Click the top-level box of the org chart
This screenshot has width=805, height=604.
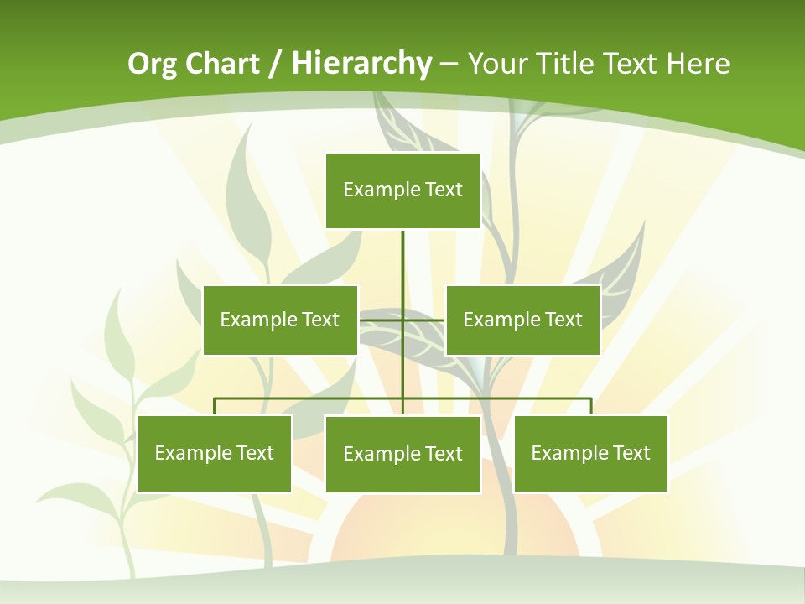click(x=402, y=190)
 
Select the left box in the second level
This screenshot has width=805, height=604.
click(x=280, y=320)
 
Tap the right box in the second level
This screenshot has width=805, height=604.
click(x=522, y=320)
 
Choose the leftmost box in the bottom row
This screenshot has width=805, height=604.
click(x=215, y=453)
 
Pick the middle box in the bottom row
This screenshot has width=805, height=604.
click(x=402, y=454)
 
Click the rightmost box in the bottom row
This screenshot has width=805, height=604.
click(x=590, y=453)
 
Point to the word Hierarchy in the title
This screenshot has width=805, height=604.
click(x=361, y=64)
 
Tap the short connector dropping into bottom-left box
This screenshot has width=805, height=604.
click(x=215, y=406)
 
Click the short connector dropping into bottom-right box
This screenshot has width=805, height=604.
click(x=591, y=406)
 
